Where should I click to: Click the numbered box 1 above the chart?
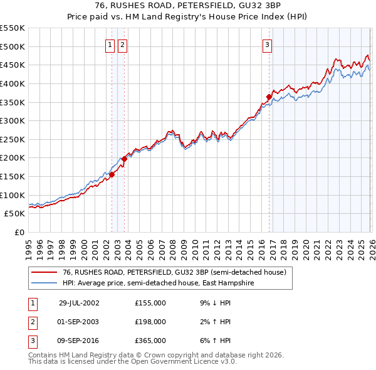pyautogui.click(x=110, y=45)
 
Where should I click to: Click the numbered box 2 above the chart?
pyautogui.click(x=122, y=45)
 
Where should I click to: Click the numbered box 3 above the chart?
pyautogui.click(x=268, y=45)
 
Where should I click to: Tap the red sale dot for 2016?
pyautogui.click(x=269, y=97)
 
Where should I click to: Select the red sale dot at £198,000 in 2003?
pyautogui.click(x=124, y=159)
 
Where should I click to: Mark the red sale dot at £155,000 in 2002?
pyautogui.click(x=112, y=174)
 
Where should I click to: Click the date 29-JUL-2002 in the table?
pyautogui.click(x=79, y=302)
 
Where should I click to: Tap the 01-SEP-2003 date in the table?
pyautogui.click(x=79, y=321)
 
